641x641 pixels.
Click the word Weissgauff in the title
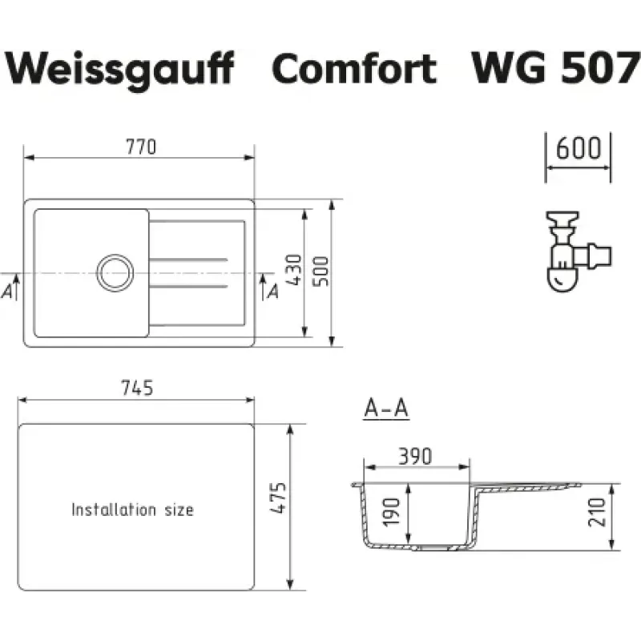(x=119, y=69)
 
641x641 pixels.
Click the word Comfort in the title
(x=354, y=68)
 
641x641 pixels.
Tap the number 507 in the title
(x=600, y=68)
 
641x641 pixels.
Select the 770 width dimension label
(x=141, y=147)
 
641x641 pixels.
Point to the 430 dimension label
(x=294, y=270)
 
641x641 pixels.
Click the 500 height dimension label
(x=321, y=272)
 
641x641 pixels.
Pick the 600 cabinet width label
(x=578, y=148)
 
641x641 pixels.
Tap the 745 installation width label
(x=137, y=388)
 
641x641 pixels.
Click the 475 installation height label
(x=278, y=498)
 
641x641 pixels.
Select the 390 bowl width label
(x=415, y=457)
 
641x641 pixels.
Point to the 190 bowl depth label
(x=391, y=511)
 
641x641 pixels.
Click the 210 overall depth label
(x=597, y=512)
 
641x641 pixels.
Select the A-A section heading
(x=386, y=408)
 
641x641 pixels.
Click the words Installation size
(x=132, y=510)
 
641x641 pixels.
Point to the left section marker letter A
(x=7, y=292)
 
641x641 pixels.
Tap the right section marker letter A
(x=273, y=292)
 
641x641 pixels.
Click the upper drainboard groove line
(x=188, y=260)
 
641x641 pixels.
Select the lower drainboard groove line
(x=188, y=286)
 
